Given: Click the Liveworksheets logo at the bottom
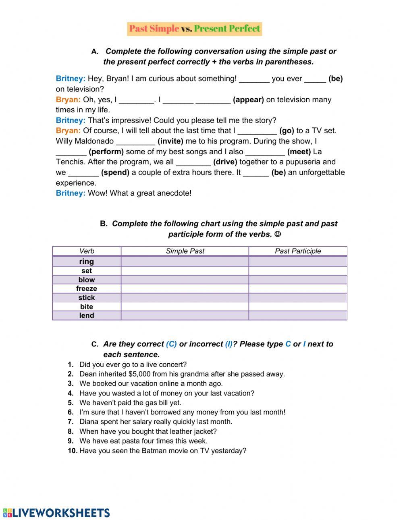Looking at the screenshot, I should pyautogui.click(x=56, y=512).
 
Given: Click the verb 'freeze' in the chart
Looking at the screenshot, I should pyautogui.click(x=86, y=288).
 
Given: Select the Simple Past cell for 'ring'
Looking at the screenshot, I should pyautogui.click(x=185, y=261).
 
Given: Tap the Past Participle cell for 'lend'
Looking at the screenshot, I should pyautogui.click(x=297, y=315).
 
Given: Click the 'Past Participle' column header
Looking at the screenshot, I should pyautogui.click(x=297, y=251).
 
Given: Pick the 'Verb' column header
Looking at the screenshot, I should pyautogui.click(x=86, y=251).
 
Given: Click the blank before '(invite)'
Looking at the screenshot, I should pyautogui.click(x=135, y=142).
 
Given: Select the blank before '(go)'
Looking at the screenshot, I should pyautogui.click(x=257, y=131).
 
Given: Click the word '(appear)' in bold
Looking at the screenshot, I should pyautogui.click(x=248, y=99).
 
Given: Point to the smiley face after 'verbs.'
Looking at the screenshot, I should pyautogui.click(x=278, y=234).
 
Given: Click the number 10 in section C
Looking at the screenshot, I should pyautogui.click(x=72, y=451).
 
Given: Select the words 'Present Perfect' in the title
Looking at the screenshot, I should pyautogui.click(x=227, y=29).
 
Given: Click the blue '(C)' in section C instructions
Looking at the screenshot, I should pyautogui.click(x=171, y=344).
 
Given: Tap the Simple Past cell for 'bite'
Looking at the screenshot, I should pyautogui.click(x=185, y=307).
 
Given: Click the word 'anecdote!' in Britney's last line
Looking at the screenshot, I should pyautogui.click(x=176, y=193).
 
